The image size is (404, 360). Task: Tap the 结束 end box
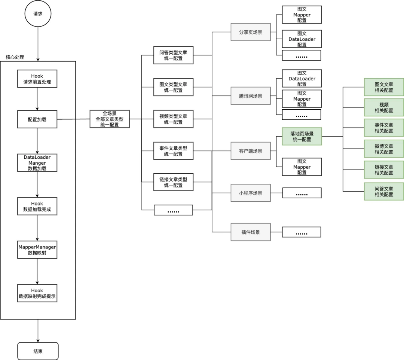(x=38, y=351)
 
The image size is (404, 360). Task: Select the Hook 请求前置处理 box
(x=37, y=79)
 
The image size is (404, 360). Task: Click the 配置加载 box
(x=37, y=119)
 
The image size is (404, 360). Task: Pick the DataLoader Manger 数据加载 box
(x=37, y=163)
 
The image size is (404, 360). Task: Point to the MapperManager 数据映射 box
(x=37, y=250)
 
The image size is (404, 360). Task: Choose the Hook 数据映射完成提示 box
(x=37, y=293)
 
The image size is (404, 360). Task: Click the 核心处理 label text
(x=15, y=57)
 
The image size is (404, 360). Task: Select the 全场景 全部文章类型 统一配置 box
(x=110, y=119)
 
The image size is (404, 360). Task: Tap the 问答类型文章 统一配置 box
(x=173, y=55)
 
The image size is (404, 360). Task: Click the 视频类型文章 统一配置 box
(x=173, y=119)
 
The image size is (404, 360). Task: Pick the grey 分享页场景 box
(x=251, y=33)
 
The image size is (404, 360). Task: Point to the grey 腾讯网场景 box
(x=251, y=96)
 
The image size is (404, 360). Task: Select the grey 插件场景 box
(x=251, y=232)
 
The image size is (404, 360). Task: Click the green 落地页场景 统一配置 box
(x=302, y=137)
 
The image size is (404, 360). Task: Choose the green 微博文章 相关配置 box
(x=384, y=149)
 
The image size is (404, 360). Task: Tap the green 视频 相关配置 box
(x=384, y=107)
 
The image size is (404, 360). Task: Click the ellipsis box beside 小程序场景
(x=302, y=193)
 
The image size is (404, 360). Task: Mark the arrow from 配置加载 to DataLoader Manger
(x=37, y=141)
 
